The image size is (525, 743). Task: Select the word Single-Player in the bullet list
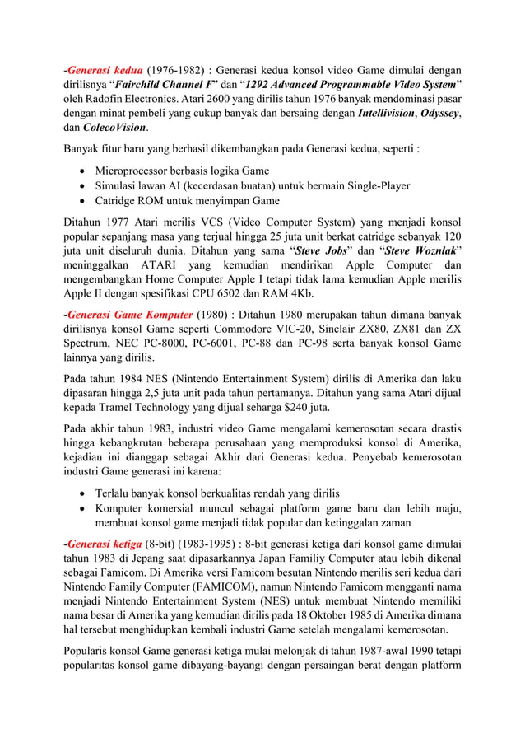click(x=374, y=186)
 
